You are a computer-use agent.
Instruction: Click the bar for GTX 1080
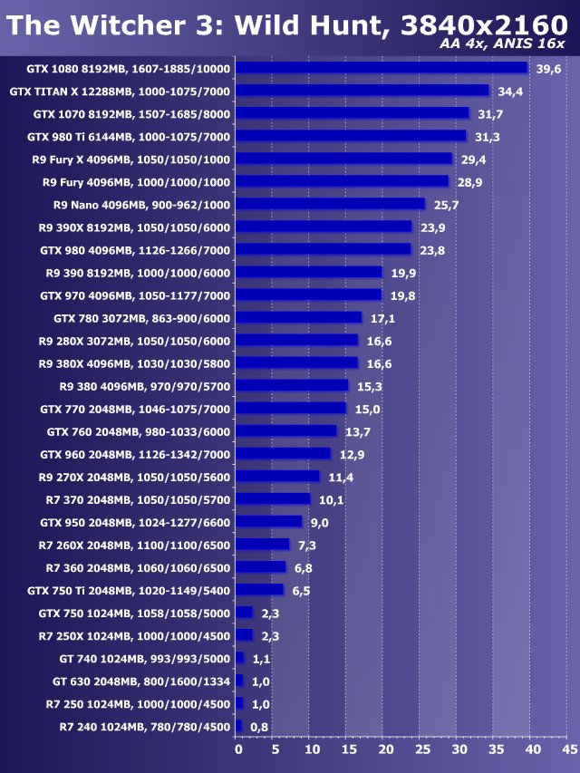tap(381, 68)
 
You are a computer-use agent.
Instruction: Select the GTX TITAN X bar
tap(362, 91)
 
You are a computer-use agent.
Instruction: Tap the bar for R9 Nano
tap(330, 205)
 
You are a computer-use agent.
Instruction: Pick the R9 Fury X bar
tap(343, 159)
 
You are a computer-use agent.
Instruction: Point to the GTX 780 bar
tap(298, 318)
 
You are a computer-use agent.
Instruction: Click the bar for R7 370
tap(272, 499)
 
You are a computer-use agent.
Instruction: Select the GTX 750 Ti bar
tap(259, 590)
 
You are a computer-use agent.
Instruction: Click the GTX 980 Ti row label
tap(129, 137)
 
